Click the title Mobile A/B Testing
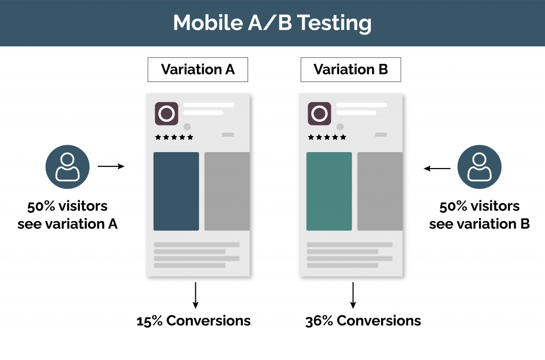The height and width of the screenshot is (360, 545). pos(272,23)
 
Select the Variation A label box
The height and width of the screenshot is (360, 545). pos(197,70)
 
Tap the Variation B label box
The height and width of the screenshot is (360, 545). pos(350,70)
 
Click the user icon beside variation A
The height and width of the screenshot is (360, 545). pos(68,166)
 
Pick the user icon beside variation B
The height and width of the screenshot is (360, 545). pos(479,166)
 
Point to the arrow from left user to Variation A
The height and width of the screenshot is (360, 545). pos(111,166)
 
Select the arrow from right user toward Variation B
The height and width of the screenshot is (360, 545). pos(437,169)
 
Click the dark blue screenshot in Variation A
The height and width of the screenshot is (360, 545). pos(176,191)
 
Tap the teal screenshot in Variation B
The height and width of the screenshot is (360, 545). pos(329,191)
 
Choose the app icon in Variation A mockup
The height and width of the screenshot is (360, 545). pos(166,114)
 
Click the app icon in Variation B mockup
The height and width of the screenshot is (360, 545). pos(319,114)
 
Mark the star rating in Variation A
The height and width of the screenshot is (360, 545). pos(174,137)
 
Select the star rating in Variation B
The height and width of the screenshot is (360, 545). pos(327,137)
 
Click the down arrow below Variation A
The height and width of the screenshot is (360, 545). pos(196,295)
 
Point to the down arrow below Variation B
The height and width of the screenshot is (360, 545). pos(352,295)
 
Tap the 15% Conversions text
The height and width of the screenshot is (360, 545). pos(193,321)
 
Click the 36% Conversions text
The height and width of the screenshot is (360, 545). pos(363,321)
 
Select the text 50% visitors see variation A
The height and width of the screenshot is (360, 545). pos(68,215)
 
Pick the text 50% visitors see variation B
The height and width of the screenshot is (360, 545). pos(479,215)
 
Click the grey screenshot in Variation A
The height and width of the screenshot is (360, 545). pos(227,191)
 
